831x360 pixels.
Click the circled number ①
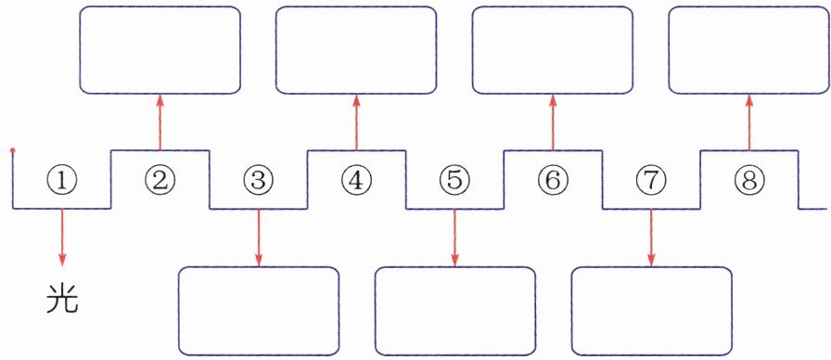point(62,182)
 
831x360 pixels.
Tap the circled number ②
point(160,182)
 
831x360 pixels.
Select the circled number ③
point(258,182)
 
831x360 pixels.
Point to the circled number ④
point(356,182)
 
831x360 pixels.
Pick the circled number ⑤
point(454,182)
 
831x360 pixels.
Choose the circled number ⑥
point(552,182)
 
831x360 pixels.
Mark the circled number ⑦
point(651,182)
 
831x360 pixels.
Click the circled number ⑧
point(748,182)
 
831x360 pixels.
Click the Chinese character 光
point(62,299)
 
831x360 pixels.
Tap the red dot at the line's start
point(13,150)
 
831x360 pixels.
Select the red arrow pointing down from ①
point(62,237)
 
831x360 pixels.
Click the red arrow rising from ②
point(160,122)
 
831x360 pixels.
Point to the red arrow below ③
point(259,237)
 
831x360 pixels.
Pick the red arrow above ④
point(356,122)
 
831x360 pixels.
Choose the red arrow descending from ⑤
point(455,237)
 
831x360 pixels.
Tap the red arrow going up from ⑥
point(553,122)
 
